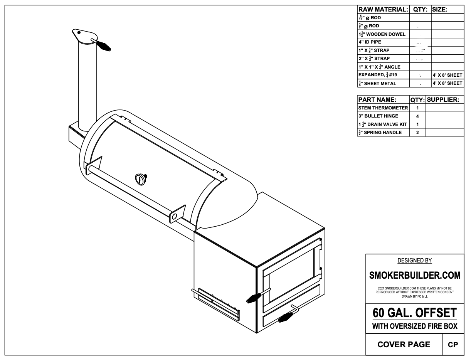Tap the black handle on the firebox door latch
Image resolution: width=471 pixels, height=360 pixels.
pos(254,298)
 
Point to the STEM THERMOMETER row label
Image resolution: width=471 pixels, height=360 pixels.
pos(383,108)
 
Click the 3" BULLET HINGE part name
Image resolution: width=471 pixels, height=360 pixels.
pos(378,116)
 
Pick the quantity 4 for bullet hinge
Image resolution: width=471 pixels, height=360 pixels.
pos(417,116)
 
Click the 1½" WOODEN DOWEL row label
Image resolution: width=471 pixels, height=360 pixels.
pos(382,34)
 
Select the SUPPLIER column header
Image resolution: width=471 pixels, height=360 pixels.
pos(443,99)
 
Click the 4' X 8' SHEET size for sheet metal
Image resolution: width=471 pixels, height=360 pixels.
pos(447,83)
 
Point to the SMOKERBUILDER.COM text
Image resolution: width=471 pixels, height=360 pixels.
pos(415,276)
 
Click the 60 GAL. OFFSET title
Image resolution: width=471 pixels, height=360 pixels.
pos(415,312)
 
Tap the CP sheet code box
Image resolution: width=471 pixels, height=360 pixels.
pos(453,345)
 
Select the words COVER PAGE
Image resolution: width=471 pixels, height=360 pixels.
pos(404,345)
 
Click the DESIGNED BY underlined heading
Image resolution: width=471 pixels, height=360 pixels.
pos(415,261)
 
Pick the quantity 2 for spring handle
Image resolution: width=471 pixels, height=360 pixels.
pos(417,133)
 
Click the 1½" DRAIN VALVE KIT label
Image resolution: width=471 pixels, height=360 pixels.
pos(382,124)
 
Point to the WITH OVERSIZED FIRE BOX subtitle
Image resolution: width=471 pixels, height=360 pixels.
pos(415,326)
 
